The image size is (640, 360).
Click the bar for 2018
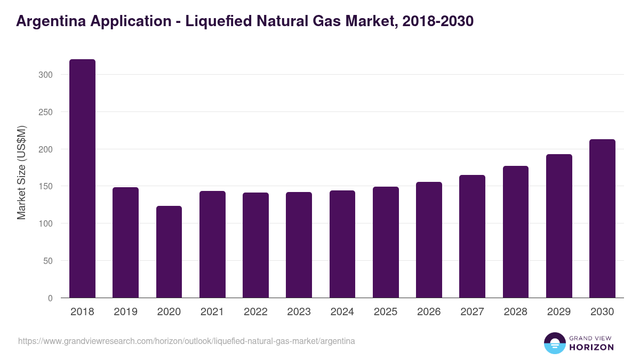point(83,179)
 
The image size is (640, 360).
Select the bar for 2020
point(169,252)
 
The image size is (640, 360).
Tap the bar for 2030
point(602,219)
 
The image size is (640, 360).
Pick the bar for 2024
point(342,244)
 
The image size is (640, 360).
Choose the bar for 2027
point(472,236)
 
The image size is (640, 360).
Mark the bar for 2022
point(255,245)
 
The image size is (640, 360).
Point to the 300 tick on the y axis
point(46,75)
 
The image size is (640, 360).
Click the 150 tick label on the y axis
point(46,187)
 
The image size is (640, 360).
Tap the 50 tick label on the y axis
point(48,261)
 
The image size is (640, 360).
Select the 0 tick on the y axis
point(50,298)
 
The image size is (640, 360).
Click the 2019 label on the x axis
point(125,312)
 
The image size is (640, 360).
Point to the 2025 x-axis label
point(386,312)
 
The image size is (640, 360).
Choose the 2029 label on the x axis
point(559,312)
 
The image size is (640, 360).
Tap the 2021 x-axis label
point(212,312)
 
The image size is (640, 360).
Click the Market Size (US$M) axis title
point(21,172)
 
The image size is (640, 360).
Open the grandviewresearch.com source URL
point(187,341)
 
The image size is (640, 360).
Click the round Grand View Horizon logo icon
point(554,343)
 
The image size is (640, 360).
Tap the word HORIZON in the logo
point(591,347)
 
